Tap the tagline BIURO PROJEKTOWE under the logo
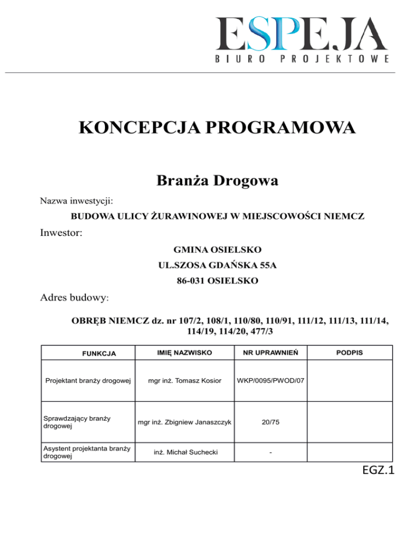302,59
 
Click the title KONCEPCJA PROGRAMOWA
217,129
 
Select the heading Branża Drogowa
217,180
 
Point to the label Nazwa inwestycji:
77,202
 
